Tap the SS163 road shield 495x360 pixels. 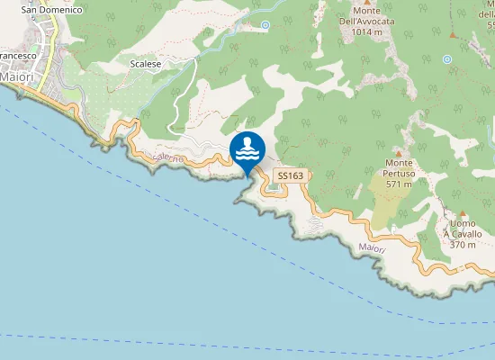coord(288,176)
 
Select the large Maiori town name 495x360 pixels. coord(16,76)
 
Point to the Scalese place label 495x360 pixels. coord(145,65)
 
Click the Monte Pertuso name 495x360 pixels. coord(398,167)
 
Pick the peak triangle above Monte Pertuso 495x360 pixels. coord(397,153)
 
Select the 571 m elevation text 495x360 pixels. coord(398,184)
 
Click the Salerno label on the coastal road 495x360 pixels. coord(168,158)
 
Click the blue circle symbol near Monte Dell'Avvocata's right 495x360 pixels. coord(447,58)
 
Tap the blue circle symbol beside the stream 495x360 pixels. coord(265,25)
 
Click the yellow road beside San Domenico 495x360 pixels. coord(54,36)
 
